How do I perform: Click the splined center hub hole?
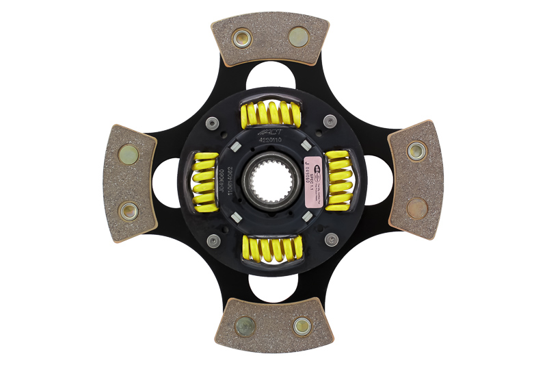pos(273,181)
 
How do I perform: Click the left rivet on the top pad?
pos(241,38)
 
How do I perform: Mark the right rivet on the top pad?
pos(299,36)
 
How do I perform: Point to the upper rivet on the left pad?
pos(129,154)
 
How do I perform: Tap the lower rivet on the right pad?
pos(417,207)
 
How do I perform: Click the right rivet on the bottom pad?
pos(302,326)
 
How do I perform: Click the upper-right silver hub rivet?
pos(330,122)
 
